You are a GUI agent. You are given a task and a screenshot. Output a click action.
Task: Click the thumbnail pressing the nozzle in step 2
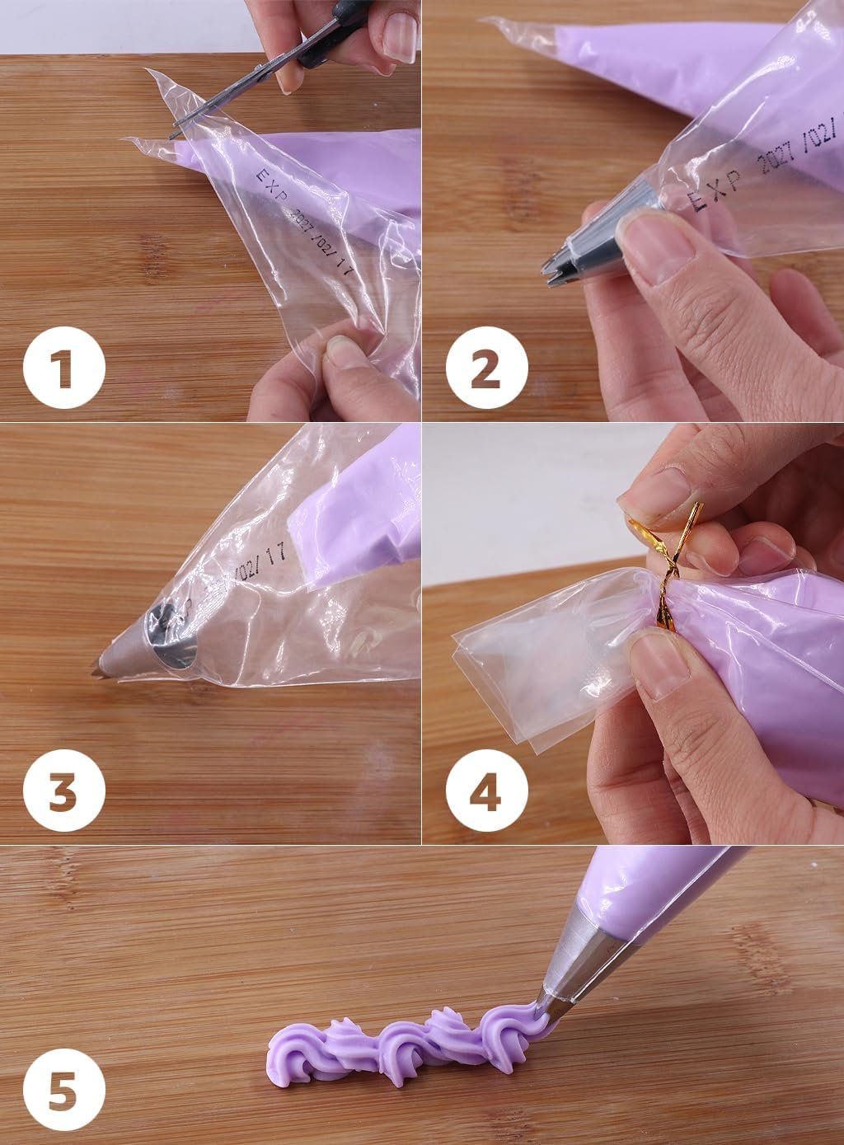(651, 247)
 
